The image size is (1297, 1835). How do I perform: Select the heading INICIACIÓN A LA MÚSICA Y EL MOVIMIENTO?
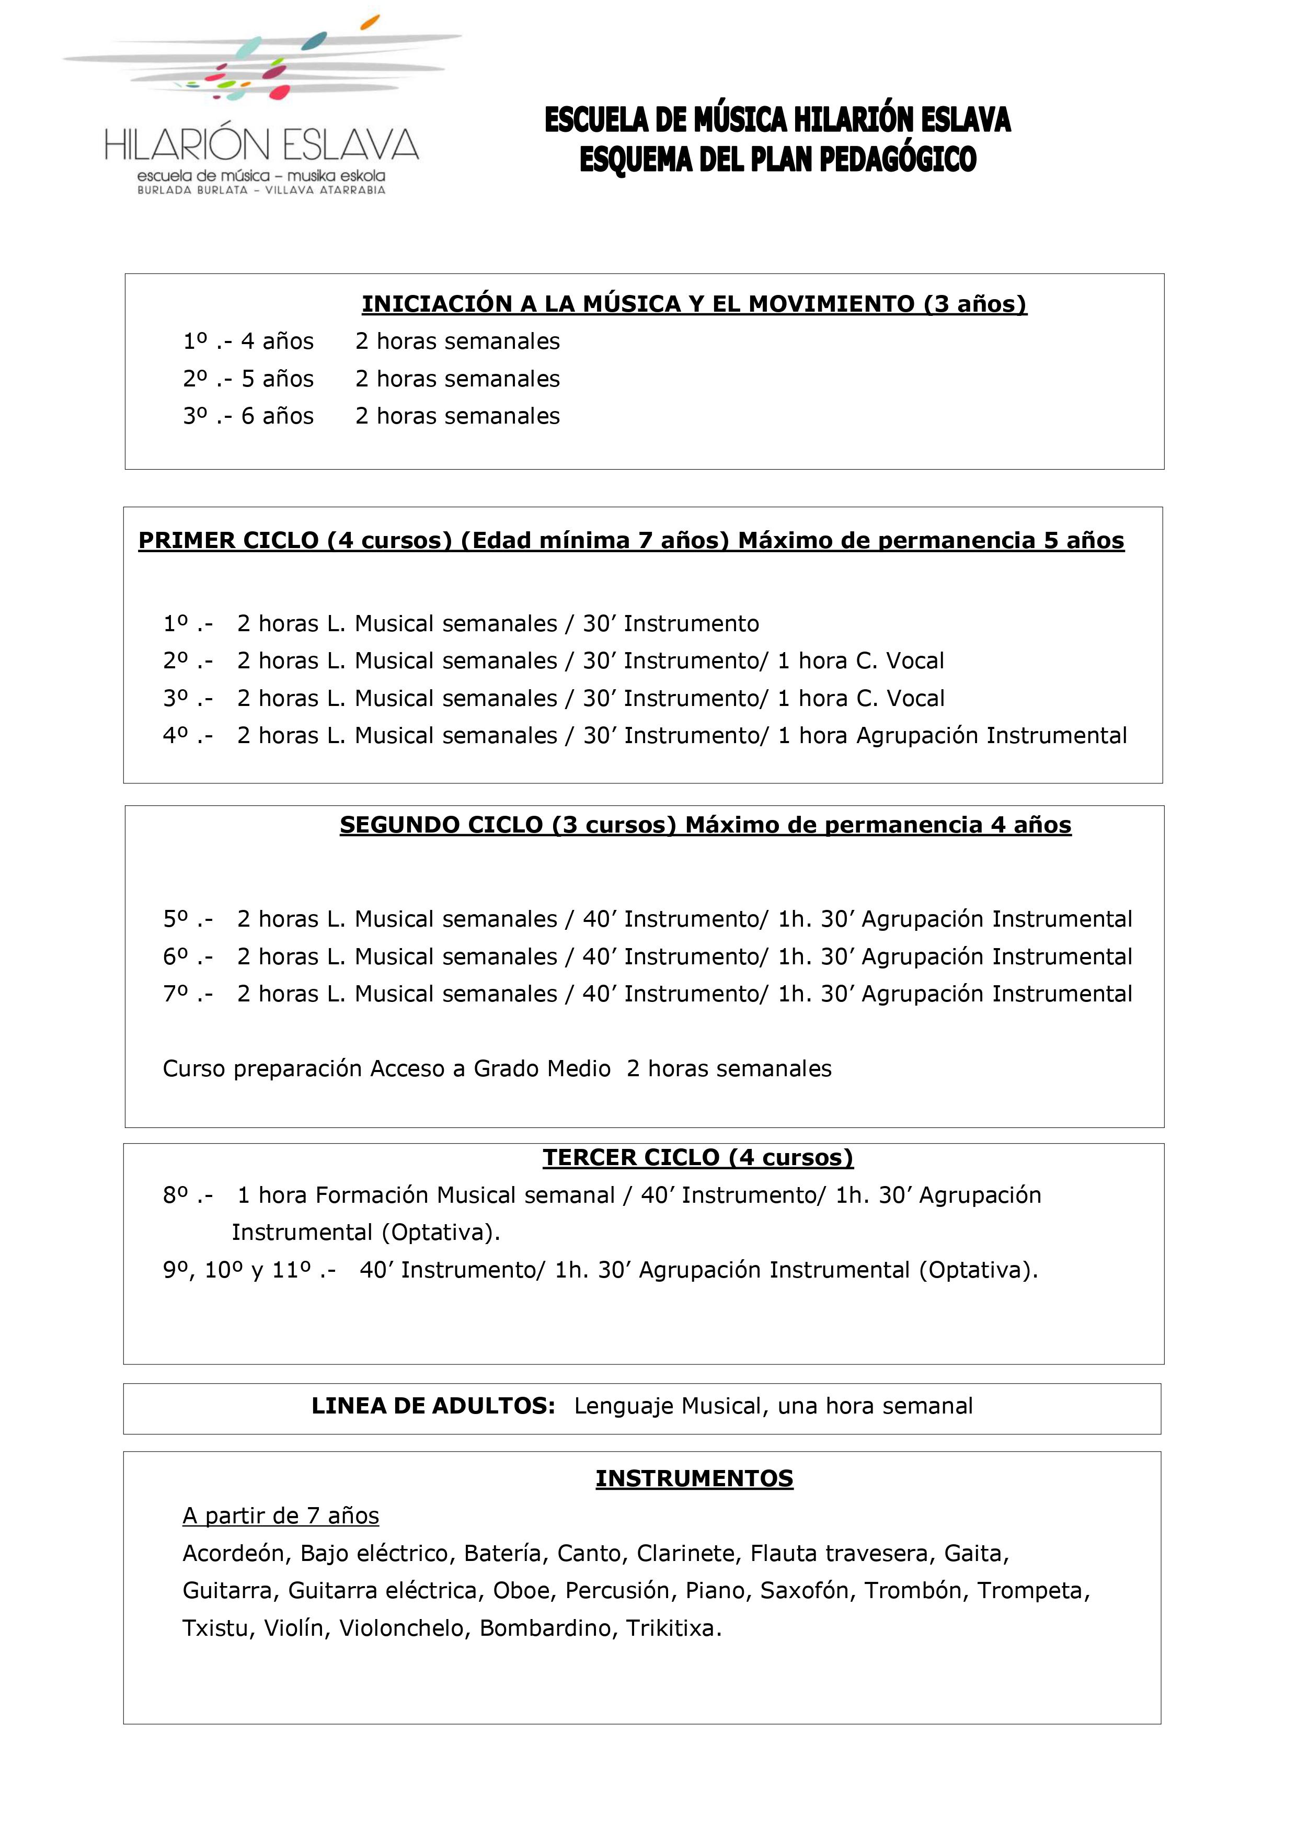[694, 304]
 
